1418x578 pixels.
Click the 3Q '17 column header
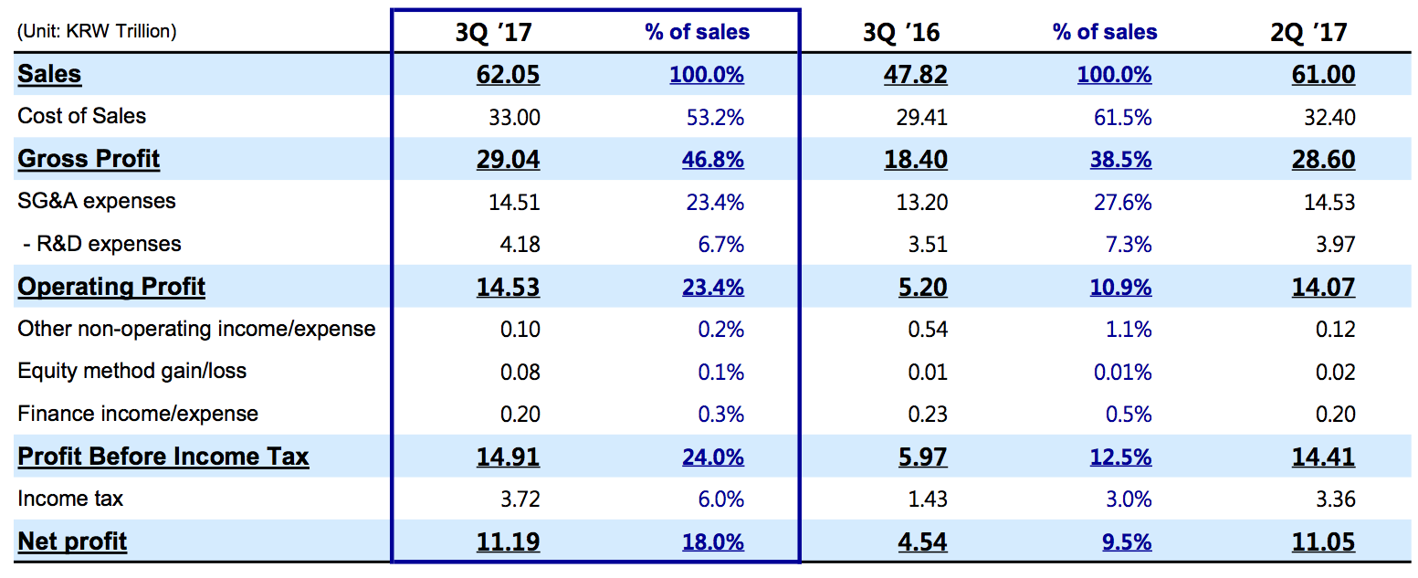(493, 33)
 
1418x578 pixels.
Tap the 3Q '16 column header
(901, 33)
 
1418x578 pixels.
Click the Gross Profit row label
(89, 159)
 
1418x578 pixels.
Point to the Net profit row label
(72, 541)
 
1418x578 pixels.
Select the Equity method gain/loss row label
(131, 371)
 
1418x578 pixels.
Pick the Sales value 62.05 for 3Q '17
(508, 75)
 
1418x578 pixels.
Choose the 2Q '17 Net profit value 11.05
(1323, 542)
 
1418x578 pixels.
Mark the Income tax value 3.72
(520, 499)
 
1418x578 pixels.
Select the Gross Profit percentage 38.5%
(1120, 160)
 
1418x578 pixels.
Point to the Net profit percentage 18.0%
(712, 542)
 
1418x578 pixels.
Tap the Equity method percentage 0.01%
(1122, 373)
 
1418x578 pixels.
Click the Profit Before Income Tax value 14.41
(1323, 457)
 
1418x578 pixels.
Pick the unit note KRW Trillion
(96, 31)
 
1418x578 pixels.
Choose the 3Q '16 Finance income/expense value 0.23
(928, 415)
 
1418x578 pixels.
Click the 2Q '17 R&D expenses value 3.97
(1336, 245)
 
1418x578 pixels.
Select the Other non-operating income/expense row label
(196, 329)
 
